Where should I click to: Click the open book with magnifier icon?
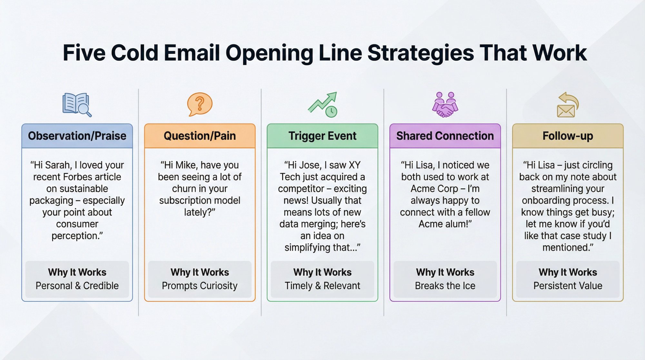click(77, 105)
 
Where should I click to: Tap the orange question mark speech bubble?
click(200, 104)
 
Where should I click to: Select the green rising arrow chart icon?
click(322, 105)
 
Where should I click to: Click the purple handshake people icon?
click(445, 105)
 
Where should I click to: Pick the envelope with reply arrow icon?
click(568, 105)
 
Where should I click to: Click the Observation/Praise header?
click(77, 136)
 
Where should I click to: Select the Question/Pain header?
click(200, 136)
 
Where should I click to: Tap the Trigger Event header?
click(322, 136)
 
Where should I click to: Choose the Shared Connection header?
click(445, 136)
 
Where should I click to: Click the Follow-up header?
click(568, 136)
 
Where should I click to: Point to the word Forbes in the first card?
click(76, 177)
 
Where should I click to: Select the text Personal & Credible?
click(77, 285)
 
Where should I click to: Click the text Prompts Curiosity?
click(200, 285)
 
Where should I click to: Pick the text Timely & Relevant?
click(322, 285)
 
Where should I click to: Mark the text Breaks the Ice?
click(445, 285)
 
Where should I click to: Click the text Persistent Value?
click(568, 285)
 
